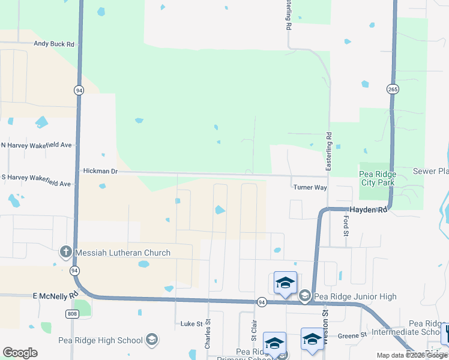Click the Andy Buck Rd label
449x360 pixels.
click(x=53, y=44)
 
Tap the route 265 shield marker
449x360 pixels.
click(x=392, y=89)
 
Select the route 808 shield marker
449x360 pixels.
click(x=71, y=313)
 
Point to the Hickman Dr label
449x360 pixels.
click(x=100, y=172)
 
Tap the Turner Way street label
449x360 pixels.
click(x=310, y=187)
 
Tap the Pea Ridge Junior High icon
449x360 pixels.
click(x=305, y=296)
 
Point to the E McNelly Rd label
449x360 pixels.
click(x=56, y=295)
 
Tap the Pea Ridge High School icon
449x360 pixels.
click(x=151, y=340)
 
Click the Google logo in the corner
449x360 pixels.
click(x=20, y=353)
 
